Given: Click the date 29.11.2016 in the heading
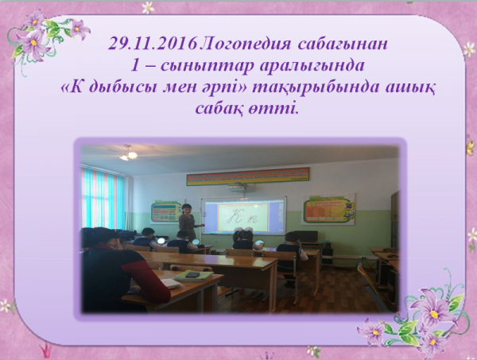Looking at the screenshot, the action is (x=153, y=44).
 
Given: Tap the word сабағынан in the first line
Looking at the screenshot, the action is (x=343, y=45).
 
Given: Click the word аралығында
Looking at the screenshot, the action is (x=312, y=66).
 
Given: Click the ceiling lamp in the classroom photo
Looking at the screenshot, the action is (x=128, y=153).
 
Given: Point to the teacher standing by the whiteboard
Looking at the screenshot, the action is (x=188, y=223).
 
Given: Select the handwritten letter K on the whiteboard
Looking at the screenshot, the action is (x=235, y=217).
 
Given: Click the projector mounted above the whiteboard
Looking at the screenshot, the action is (x=238, y=187).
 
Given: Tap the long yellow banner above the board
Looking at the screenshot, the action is (x=248, y=176).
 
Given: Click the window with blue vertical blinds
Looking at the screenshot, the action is (x=103, y=199).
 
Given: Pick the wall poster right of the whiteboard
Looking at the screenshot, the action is (x=329, y=209).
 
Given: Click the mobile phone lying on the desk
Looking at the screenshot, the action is (x=192, y=275).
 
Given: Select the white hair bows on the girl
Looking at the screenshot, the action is (x=243, y=230).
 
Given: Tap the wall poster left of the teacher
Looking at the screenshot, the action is (x=166, y=211).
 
